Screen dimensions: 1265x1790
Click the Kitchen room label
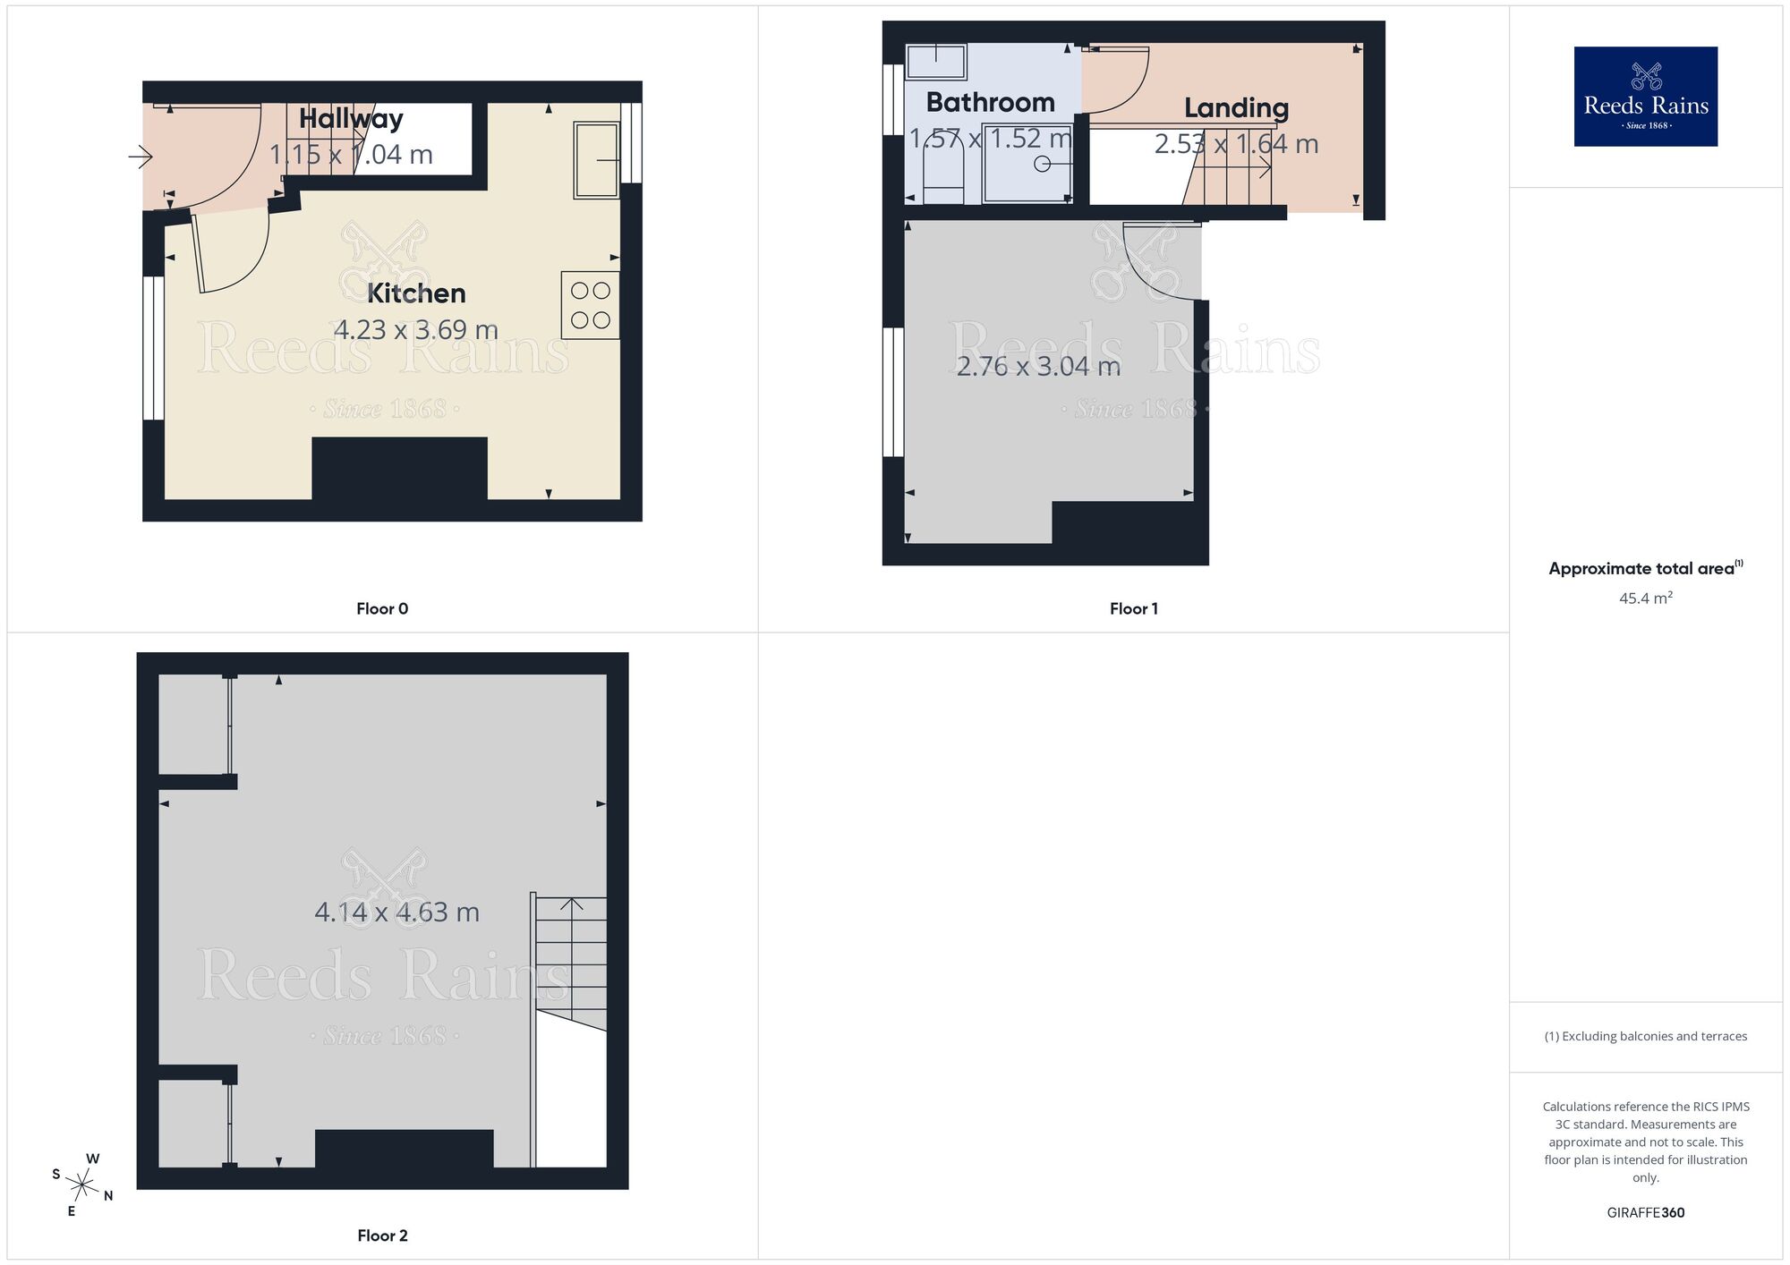tap(416, 293)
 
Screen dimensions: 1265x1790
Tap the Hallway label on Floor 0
tap(351, 118)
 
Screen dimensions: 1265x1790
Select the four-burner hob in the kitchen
tap(590, 305)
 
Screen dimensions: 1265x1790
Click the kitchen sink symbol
tap(596, 160)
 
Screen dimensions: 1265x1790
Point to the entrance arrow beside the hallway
tap(141, 158)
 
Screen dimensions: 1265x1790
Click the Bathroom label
tap(990, 102)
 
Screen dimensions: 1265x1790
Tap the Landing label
tap(1236, 108)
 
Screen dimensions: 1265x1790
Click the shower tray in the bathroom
tap(1027, 164)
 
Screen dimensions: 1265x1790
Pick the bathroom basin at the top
tap(936, 63)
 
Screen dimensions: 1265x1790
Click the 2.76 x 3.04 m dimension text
tap(1038, 366)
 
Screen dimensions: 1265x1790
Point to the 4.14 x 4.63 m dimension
tap(396, 912)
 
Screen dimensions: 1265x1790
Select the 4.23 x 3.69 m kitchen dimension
tap(415, 329)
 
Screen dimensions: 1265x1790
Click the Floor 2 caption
tap(382, 1235)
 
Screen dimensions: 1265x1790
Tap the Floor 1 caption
tap(1133, 609)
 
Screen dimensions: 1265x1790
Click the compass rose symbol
tap(82, 1186)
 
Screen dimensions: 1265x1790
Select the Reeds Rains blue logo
tap(1645, 97)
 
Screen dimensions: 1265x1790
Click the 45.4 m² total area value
tap(1645, 598)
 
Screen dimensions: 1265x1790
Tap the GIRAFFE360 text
tap(1645, 1213)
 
